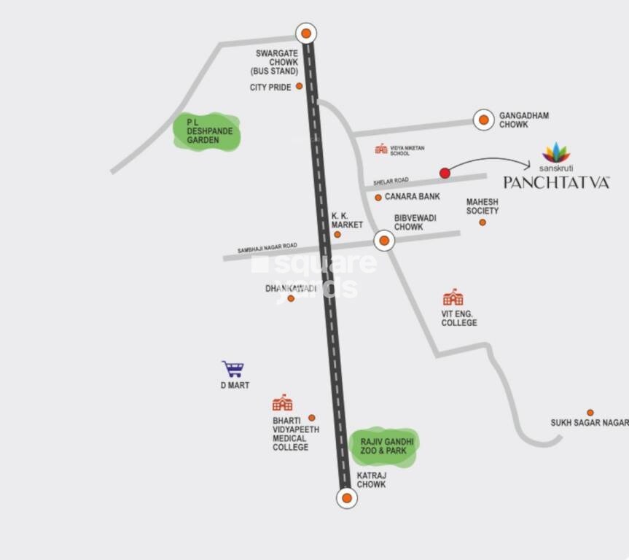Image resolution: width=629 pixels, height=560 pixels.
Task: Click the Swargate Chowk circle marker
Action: tap(306, 34)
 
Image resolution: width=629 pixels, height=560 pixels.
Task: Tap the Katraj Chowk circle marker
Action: tap(347, 499)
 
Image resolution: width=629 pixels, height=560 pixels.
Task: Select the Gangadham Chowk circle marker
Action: tap(483, 120)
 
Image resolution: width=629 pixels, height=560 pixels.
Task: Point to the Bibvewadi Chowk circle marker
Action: tap(384, 241)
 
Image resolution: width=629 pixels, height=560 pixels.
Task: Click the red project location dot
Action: tap(445, 173)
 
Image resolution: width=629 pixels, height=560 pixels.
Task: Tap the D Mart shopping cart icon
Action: tap(233, 369)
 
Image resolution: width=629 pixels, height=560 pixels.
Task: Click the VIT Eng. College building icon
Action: tap(453, 297)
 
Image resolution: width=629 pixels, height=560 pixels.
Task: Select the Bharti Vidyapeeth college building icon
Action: tap(282, 403)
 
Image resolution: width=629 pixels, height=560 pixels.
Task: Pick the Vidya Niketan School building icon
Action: tap(381, 149)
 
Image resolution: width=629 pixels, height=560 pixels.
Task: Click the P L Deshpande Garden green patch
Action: tap(206, 132)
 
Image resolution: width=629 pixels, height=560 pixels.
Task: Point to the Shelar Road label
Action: tap(391, 181)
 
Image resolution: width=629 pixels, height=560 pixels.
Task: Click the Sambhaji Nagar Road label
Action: tap(267, 249)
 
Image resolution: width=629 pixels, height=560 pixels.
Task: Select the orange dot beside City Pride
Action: tap(299, 86)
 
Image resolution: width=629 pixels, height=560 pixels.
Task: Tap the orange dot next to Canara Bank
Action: tap(378, 198)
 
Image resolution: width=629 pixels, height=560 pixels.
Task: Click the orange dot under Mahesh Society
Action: tap(483, 222)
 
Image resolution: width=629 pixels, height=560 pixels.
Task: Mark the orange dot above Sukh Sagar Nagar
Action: tap(590, 413)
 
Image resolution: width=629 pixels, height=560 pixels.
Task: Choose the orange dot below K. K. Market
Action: tap(337, 234)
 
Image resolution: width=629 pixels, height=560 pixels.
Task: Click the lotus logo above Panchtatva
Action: tap(556, 152)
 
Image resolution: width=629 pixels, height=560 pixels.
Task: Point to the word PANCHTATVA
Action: tap(556, 182)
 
